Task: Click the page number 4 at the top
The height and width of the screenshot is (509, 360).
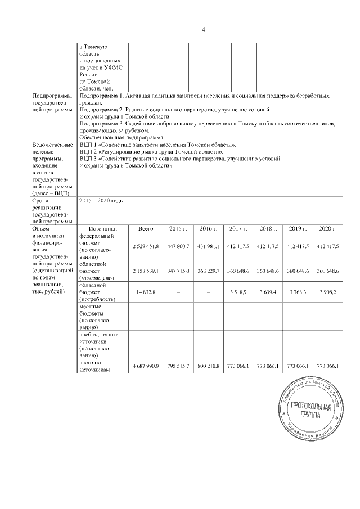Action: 202,29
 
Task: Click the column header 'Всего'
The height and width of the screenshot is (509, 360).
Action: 146,229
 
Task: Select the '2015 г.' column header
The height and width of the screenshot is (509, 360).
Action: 177,229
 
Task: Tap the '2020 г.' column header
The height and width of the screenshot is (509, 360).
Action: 328,229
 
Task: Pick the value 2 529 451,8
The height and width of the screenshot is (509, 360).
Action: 146,246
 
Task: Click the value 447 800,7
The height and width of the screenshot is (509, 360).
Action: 177,246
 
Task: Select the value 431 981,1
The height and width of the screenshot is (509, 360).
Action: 208,246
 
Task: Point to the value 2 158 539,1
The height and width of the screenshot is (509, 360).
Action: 146,271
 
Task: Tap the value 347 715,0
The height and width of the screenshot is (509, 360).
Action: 177,271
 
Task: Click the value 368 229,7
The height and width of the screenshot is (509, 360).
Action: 208,271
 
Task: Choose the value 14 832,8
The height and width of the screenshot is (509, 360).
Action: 146,292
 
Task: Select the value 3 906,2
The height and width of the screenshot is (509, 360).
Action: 328,292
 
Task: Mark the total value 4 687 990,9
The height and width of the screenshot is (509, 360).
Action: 146,366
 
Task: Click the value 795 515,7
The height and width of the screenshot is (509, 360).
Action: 177,366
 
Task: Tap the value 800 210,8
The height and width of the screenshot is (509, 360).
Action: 208,366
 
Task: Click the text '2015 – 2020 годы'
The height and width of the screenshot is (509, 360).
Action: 102,201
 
